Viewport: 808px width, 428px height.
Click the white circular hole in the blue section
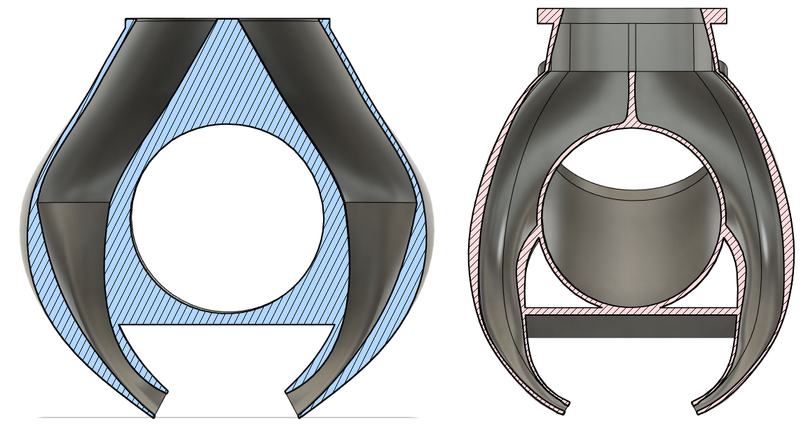[x=227, y=219]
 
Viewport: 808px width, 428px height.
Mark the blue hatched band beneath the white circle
[x=227, y=317]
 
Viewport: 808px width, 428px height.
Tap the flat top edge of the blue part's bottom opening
[x=227, y=326]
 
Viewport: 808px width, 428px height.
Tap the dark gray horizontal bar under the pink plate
[x=631, y=326]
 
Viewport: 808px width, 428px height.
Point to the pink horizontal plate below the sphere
[x=631, y=309]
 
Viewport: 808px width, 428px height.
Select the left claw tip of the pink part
[x=561, y=406]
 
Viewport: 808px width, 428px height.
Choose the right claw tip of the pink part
[x=701, y=406]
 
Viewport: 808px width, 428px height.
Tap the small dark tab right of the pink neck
[x=722, y=67]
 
